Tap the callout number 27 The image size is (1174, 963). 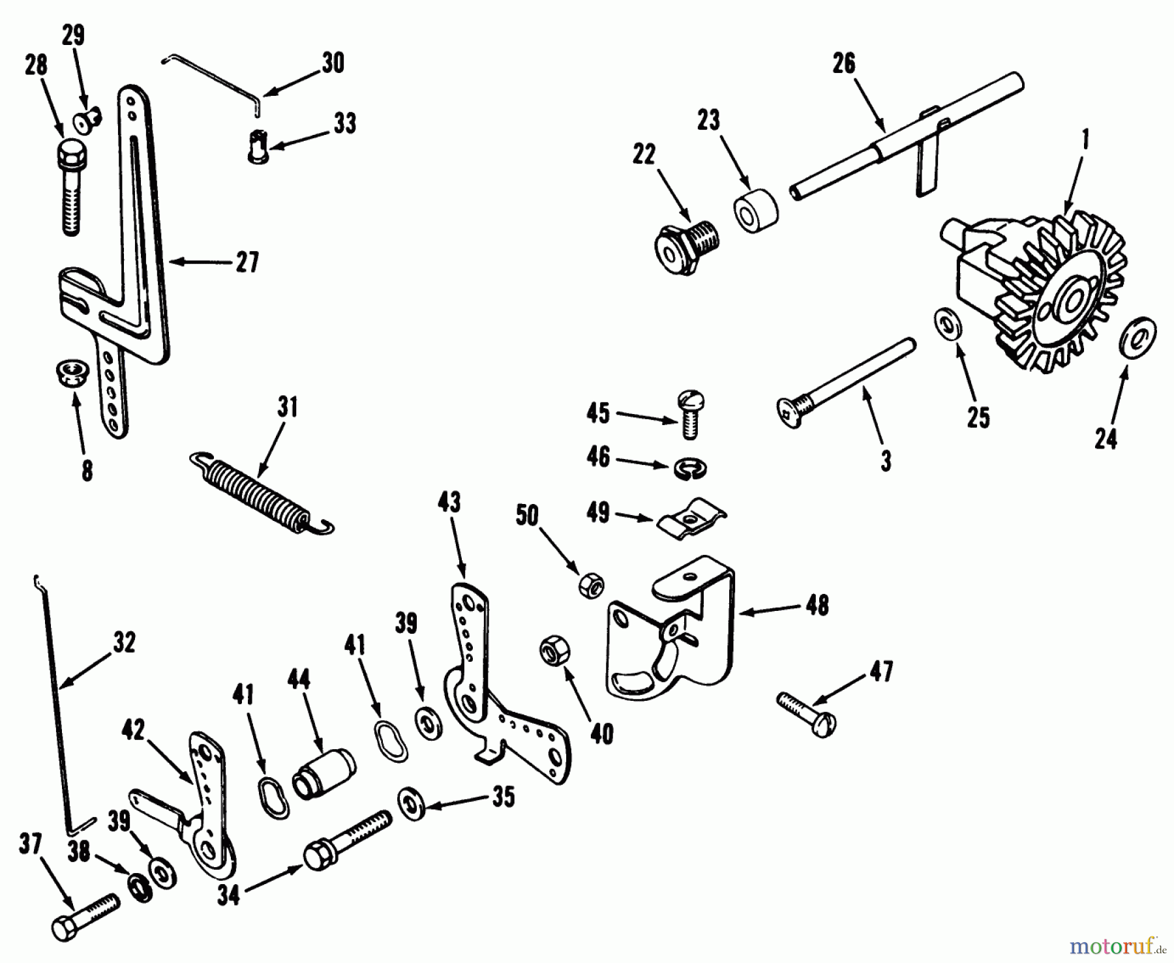[x=247, y=262]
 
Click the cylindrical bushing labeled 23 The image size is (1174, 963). [x=757, y=211]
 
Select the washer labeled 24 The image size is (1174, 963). [x=1137, y=336]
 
